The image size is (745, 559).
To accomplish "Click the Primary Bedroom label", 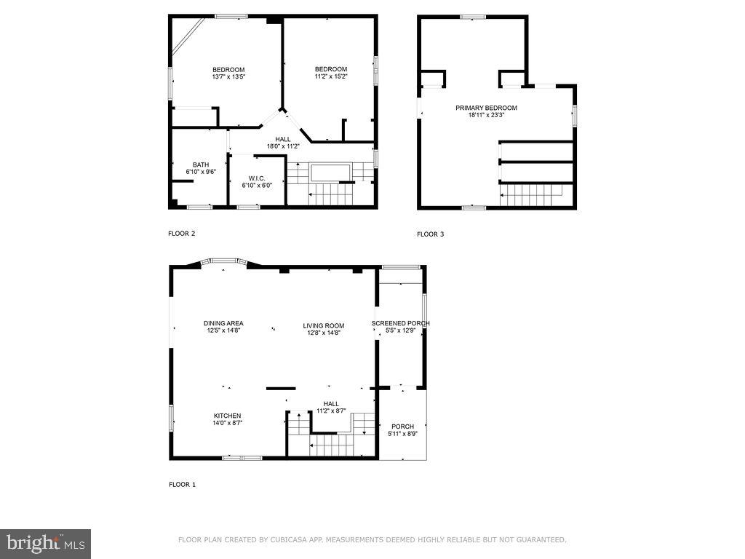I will pos(486,108).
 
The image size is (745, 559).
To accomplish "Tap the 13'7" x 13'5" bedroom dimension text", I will pos(228,76).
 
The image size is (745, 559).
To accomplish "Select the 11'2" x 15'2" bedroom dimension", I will pos(331,76).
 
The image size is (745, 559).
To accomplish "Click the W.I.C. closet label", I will pos(256,178).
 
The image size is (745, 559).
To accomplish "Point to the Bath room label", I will pos(201,164).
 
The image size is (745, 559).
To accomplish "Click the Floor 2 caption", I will pos(182,234).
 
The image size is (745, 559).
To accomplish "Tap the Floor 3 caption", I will pos(430,234).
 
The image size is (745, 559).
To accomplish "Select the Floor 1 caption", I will pos(182,485).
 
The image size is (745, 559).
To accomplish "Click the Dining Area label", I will pos(223,323).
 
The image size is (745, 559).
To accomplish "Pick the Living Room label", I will pos(324,325).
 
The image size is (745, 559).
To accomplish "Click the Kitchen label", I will pos(227,416).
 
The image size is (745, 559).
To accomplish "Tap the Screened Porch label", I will pos(401,323).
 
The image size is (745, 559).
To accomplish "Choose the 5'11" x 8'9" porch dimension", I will pos(402,434).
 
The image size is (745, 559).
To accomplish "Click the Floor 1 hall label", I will pos(331,404).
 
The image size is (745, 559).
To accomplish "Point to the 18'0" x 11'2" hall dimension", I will pos(283,146).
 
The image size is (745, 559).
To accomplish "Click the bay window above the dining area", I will pos(223,261).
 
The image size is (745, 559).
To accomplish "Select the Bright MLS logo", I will pos(45,542).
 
